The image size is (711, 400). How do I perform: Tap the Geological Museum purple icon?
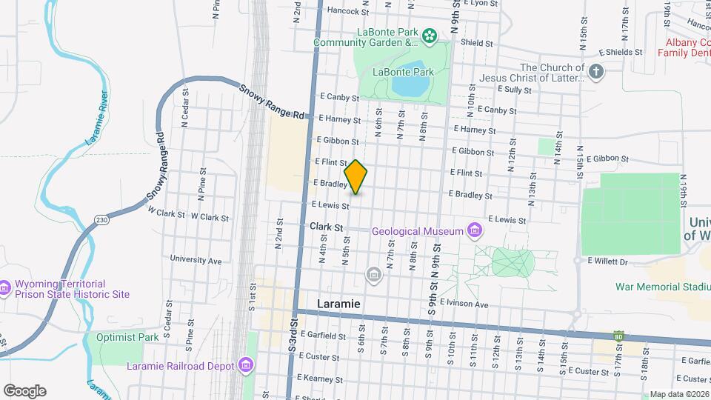(x=474, y=231)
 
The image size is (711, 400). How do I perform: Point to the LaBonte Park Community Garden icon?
(x=429, y=36)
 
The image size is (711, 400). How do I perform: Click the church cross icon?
(x=596, y=72)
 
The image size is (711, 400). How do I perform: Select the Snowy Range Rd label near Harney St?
(x=273, y=101)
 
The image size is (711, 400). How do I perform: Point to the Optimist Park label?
(x=127, y=337)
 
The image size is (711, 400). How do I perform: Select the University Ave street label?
(x=196, y=260)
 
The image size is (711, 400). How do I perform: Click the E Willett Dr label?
(x=607, y=261)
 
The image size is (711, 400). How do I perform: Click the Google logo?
(x=24, y=391)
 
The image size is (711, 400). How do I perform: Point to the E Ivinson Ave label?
(x=464, y=304)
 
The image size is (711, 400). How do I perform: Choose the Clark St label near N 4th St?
(x=327, y=226)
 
